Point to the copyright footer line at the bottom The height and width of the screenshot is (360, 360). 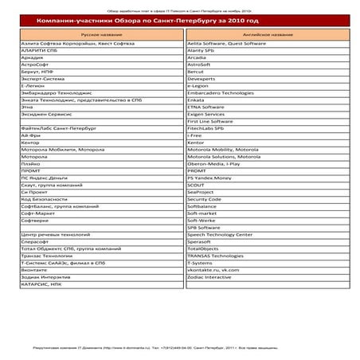(180, 348)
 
